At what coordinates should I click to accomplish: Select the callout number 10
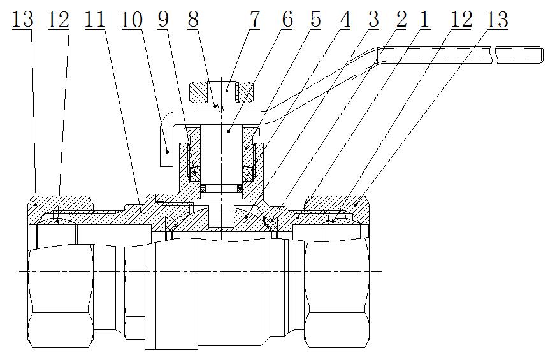(x=132, y=19)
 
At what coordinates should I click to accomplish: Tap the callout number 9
(x=164, y=19)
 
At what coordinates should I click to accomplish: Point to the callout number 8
(x=192, y=19)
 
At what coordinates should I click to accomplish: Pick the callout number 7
(x=255, y=19)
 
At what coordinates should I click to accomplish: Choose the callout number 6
(x=287, y=19)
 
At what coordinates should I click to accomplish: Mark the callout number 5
(x=316, y=19)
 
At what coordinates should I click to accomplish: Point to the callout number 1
(x=424, y=19)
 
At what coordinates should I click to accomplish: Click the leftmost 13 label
(x=23, y=19)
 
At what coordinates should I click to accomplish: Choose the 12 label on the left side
(x=59, y=19)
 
